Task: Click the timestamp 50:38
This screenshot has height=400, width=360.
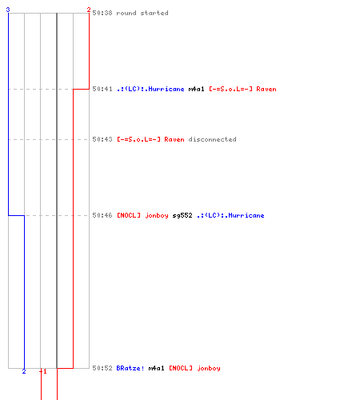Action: coord(102,13)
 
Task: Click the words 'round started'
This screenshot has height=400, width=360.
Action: coord(142,13)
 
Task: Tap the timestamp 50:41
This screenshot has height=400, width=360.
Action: coord(102,89)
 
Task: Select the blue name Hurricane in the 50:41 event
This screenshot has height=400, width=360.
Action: coord(150,89)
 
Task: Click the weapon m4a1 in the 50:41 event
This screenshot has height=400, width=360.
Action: coord(196,89)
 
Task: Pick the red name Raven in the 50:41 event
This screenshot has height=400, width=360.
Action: coord(242,89)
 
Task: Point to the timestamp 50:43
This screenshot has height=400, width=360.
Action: coord(102,139)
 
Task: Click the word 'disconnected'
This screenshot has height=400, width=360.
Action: coord(212,139)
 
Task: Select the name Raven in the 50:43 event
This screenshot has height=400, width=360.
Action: coord(150,139)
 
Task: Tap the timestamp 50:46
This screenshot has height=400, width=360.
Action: coord(102,215)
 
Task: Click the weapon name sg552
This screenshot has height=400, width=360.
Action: coord(182,215)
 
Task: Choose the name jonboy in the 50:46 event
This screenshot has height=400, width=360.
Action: coord(142,215)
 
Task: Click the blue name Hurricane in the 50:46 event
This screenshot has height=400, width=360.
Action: coord(230,215)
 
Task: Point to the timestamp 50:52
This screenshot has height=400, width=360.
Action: coord(102,368)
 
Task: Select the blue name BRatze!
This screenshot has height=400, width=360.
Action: coord(130,368)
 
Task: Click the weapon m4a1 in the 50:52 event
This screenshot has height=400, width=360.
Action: coord(156,368)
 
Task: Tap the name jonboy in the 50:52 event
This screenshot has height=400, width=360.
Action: coord(194,368)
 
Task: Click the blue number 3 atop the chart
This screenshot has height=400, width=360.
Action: coord(8,10)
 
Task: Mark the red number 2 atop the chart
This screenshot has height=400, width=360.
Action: coord(89,10)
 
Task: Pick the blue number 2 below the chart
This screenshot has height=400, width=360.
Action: coord(24,371)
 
